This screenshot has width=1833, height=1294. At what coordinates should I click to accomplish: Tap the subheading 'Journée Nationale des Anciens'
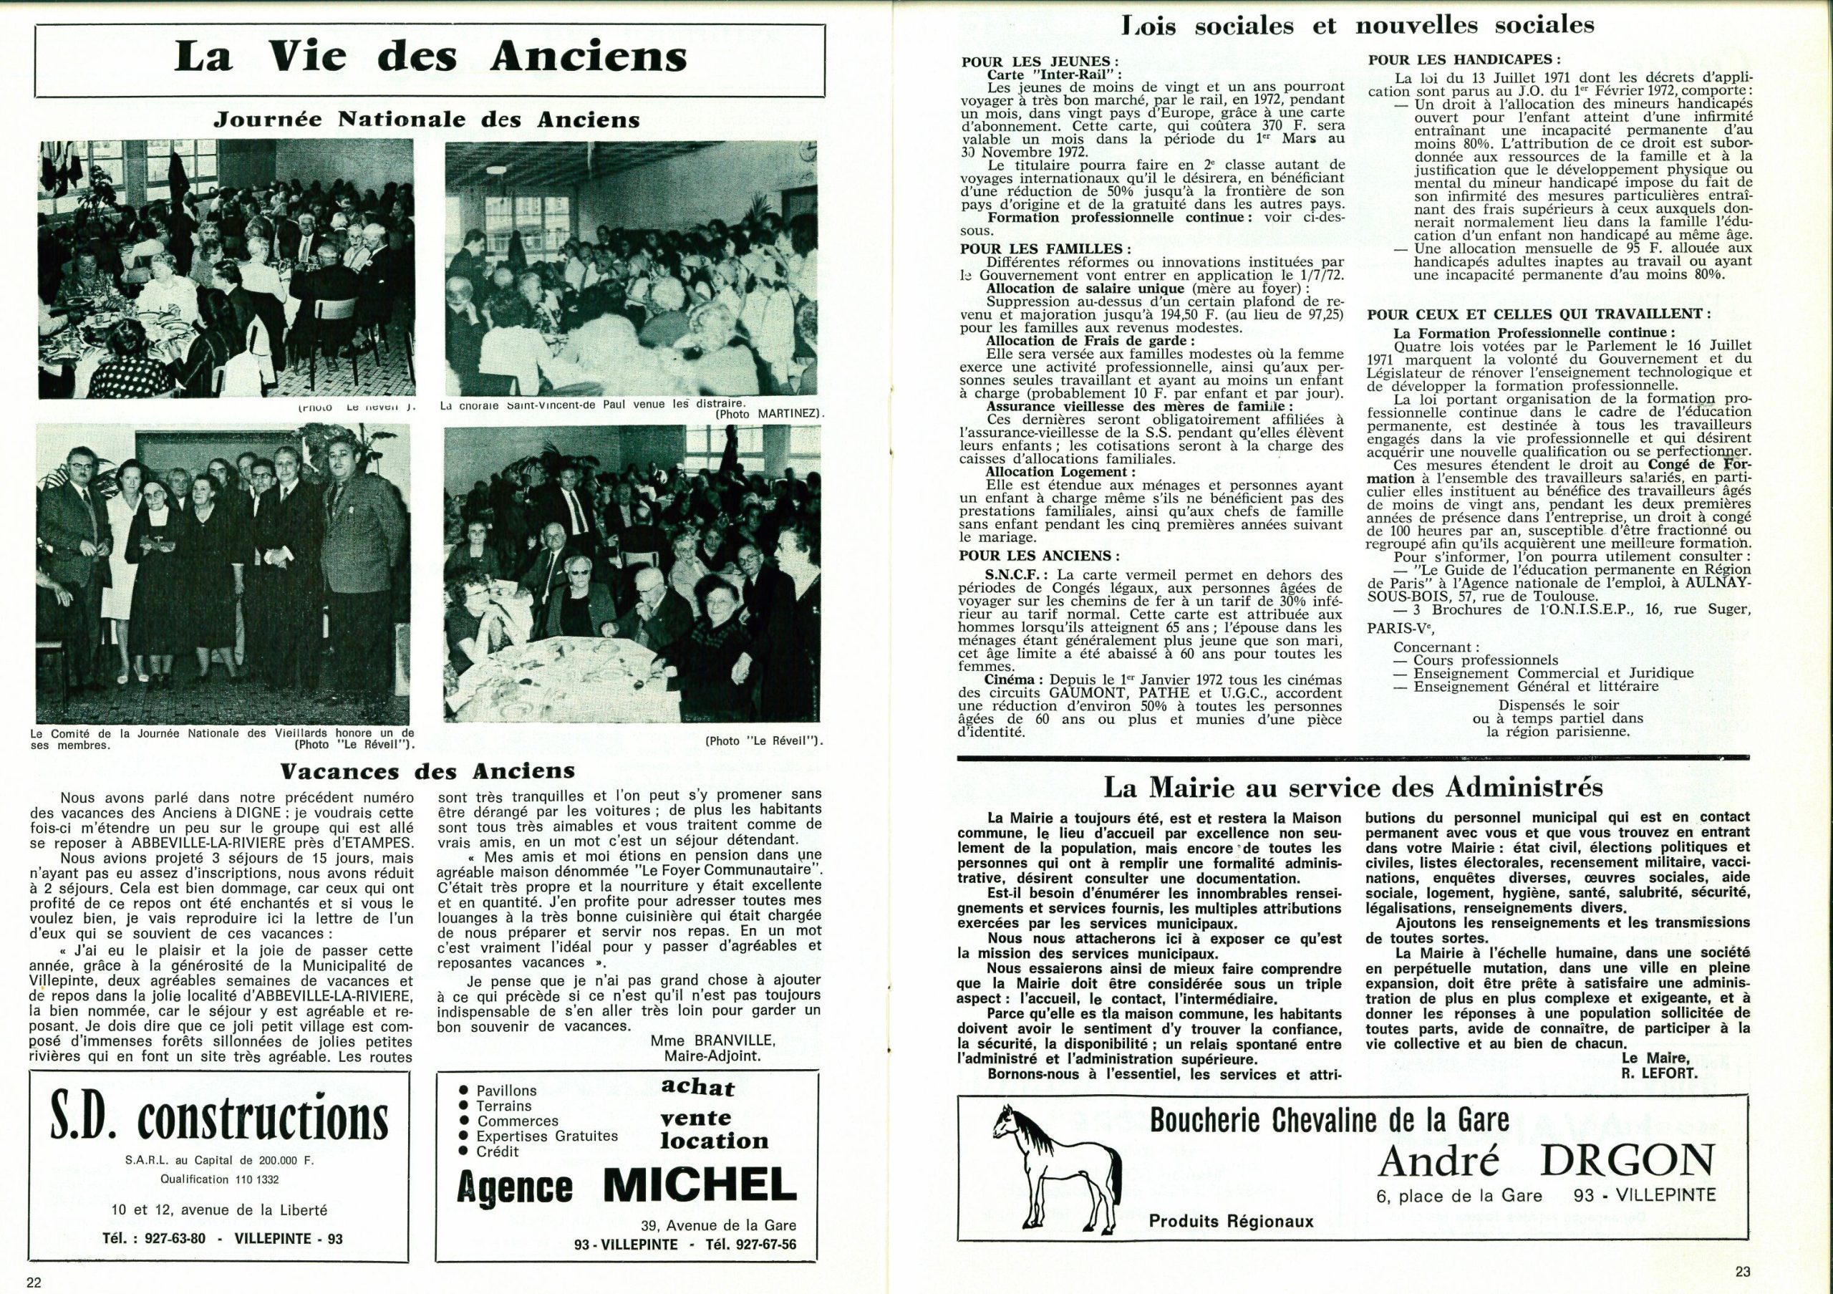click(427, 120)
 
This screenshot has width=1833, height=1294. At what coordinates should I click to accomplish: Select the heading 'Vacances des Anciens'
click(427, 771)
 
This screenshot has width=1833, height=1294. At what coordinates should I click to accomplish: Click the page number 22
click(34, 1282)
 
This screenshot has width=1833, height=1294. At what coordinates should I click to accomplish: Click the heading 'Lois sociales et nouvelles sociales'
click(1357, 26)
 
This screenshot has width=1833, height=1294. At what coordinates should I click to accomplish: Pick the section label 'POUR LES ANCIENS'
click(1039, 556)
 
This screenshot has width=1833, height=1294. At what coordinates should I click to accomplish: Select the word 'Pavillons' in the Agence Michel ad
click(506, 1091)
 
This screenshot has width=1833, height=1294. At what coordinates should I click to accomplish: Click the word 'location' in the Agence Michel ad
click(714, 1141)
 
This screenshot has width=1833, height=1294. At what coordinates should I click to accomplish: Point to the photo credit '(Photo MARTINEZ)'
click(769, 415)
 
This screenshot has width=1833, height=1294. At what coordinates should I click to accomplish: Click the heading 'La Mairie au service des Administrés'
click(1353, 788)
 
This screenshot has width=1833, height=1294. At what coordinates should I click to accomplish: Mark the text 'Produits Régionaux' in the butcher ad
click(1230, 1220)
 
